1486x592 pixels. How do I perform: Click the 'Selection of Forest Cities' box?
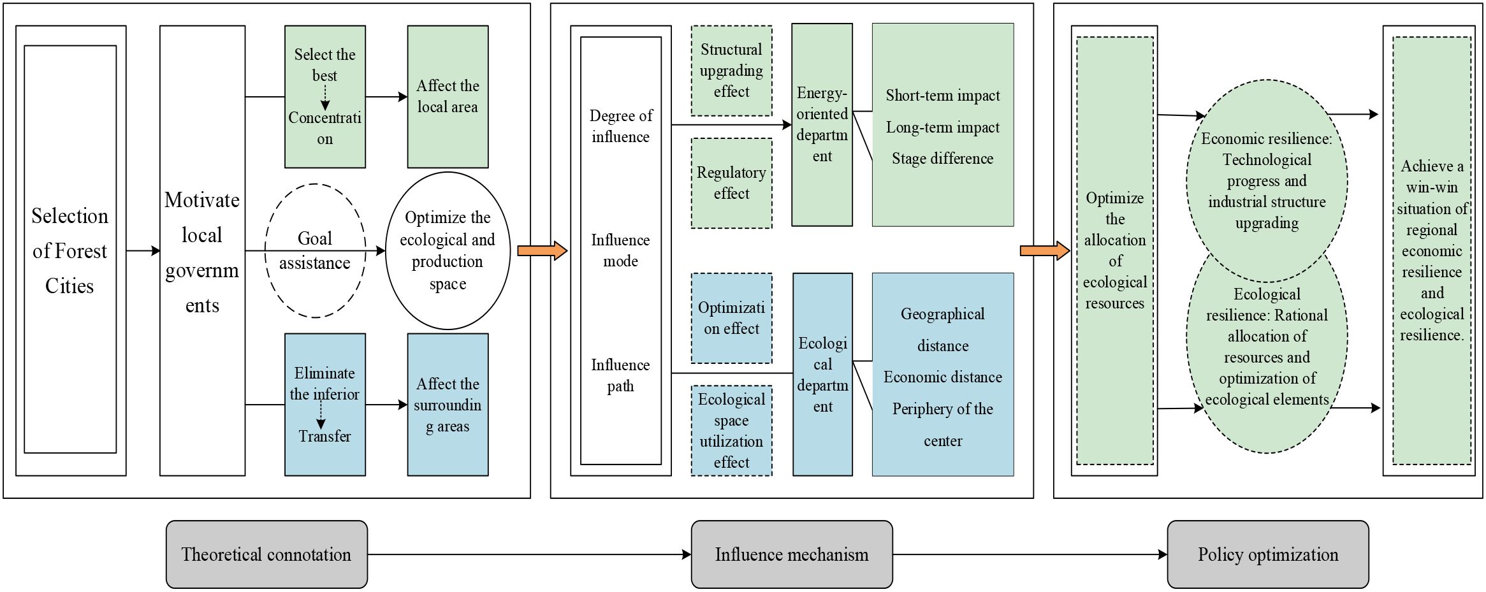point(70,250)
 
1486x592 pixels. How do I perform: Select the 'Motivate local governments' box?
point(202,251)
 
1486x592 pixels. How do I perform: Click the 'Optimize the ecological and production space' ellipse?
point(448,250)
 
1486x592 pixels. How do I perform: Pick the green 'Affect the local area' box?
point(448,97)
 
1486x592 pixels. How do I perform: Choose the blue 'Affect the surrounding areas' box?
point(448,405)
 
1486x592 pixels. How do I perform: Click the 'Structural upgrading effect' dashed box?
point(731,71)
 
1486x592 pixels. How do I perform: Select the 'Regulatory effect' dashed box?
point(731,183)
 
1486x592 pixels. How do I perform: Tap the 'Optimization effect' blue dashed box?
point(731,318)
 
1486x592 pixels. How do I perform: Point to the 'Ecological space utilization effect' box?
point(731,430)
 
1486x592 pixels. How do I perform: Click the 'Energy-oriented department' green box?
point(822,125)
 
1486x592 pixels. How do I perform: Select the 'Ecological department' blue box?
point(822,375)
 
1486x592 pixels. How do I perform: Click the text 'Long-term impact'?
point(942,127)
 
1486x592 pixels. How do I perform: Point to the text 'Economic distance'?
point(942,377)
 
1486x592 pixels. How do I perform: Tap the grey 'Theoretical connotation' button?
point(266,554)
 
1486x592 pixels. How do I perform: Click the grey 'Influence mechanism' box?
point(791,554)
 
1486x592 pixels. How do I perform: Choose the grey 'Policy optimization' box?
point(1267,554)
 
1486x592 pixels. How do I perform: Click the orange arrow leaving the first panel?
point(542,250)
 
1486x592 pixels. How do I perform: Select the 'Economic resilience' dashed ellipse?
point(1267,181)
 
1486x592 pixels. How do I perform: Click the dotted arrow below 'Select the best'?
point(325,98)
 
